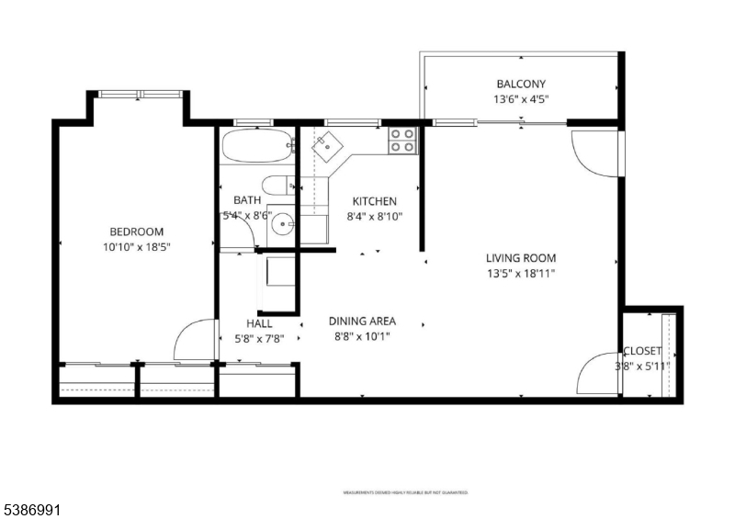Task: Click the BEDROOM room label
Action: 137,231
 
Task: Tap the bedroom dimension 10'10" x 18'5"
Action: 137,247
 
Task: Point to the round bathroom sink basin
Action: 286,221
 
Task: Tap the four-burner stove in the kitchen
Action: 402,140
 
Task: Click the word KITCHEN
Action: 375,201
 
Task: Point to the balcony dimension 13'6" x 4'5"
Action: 522,99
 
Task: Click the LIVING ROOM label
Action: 521,258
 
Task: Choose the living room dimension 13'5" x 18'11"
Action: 521,273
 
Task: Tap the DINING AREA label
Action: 362,322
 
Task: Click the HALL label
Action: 259,323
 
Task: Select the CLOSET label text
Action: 642,351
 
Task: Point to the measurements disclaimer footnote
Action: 405,492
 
